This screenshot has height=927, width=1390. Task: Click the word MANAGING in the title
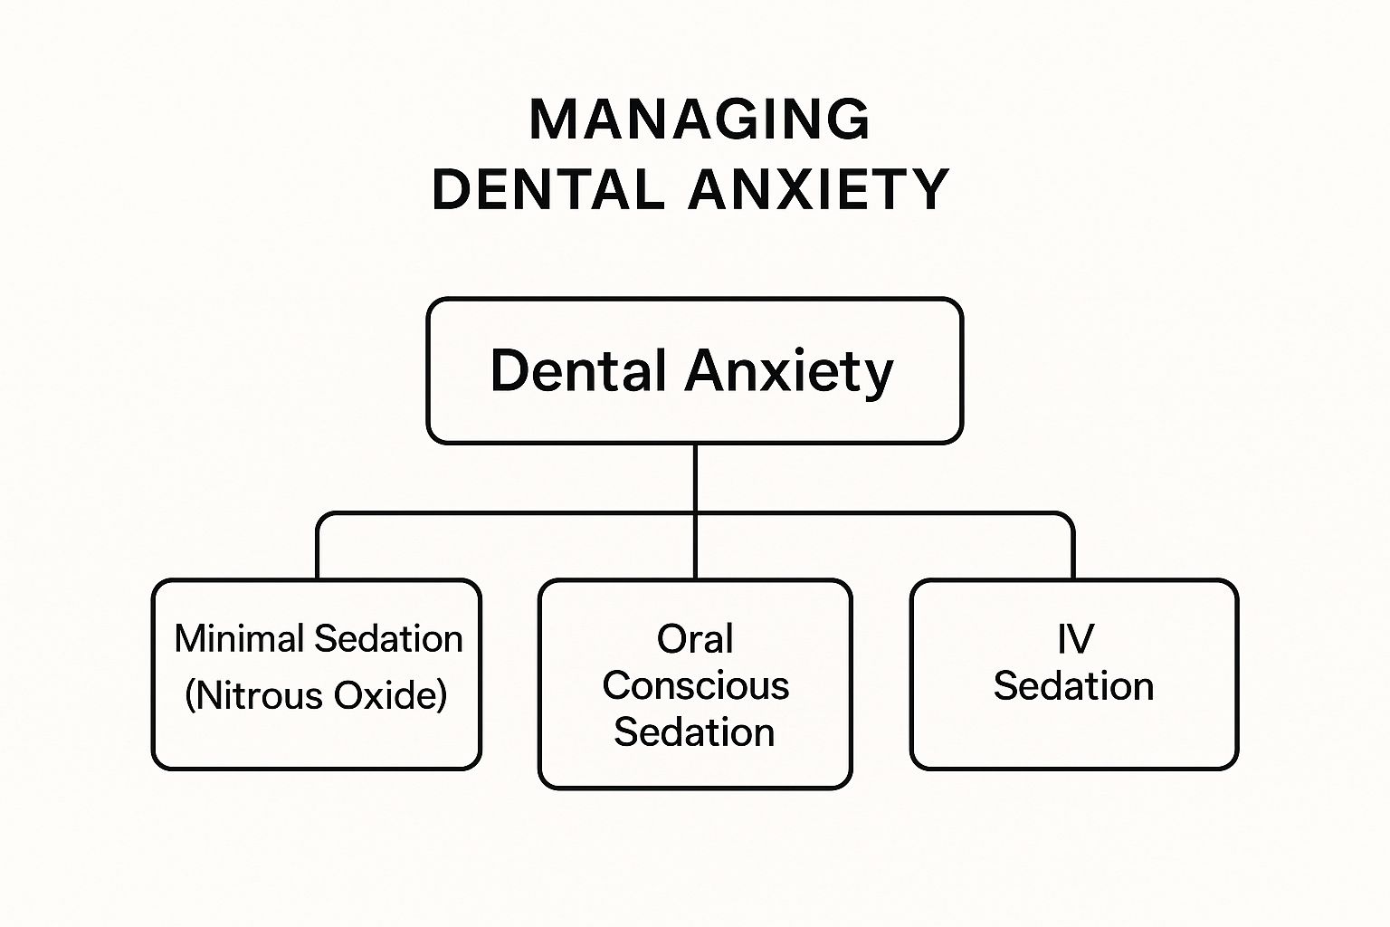click(x=699, y=119)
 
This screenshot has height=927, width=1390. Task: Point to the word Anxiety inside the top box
click(x=789, y=371)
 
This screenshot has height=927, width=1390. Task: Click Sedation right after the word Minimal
click(x=389, y=639)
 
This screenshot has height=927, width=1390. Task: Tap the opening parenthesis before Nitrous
click(x=190, y=696)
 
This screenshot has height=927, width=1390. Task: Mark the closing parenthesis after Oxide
click(x=442, y=696)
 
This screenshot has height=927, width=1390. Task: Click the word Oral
click(x=695, y=639)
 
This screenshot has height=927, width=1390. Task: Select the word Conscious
click(x=695, y=686)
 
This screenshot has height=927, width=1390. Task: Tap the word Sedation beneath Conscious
click(x=695, y=732)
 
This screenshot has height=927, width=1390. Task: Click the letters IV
click(x=1075, y=639)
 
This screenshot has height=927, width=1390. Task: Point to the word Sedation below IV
click(x=1073, y=686)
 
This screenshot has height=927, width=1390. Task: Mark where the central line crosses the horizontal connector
click(x=695, y=514)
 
